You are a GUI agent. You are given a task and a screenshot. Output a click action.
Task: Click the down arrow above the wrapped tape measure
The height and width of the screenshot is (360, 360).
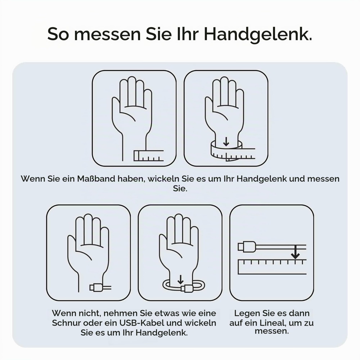point(226,141)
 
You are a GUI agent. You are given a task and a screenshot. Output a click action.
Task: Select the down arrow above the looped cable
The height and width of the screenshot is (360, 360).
point(181,279)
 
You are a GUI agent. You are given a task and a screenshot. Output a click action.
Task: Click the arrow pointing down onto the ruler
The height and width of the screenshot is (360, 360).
point(295,252)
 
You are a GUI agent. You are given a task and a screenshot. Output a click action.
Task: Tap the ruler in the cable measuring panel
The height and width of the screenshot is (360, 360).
point(272,267)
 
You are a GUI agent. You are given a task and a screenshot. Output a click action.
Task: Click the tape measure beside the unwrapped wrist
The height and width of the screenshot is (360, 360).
point(149,156)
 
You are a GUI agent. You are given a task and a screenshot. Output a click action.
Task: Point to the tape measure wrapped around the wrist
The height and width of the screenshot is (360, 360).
point(233,151)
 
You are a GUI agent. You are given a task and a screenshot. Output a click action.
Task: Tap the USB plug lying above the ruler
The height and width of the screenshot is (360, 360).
point(247,247)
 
